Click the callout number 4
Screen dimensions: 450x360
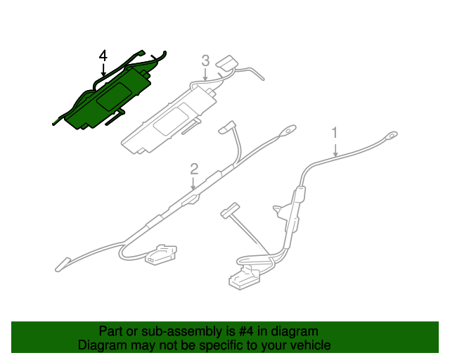103,56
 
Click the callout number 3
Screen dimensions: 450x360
205,60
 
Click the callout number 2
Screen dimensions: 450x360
194,169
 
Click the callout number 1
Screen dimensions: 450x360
335,133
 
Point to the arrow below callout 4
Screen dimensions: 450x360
103,70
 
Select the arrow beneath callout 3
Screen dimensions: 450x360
205,74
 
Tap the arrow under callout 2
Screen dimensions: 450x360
193,183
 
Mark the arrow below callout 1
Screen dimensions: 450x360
335,148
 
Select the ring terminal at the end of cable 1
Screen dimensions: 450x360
392,135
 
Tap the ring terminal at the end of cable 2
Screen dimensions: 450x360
290,129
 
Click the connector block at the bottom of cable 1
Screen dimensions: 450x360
244,277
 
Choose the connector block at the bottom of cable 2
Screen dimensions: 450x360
161,255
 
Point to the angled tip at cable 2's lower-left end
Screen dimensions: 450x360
62,264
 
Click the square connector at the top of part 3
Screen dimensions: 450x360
227,63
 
